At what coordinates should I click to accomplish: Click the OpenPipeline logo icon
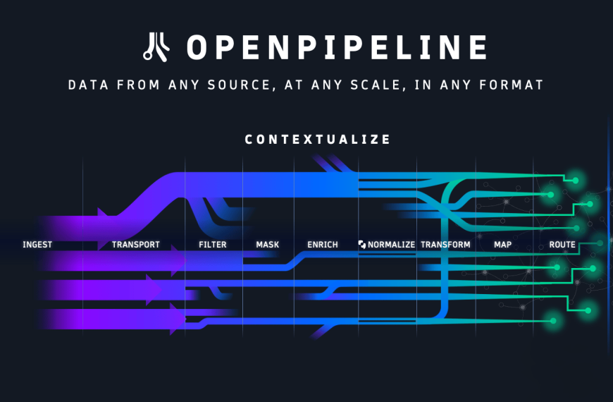[156, 47]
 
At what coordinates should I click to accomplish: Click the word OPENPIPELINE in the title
[337, 47]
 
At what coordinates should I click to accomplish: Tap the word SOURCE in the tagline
[240, 85]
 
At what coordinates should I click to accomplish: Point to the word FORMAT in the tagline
[510, 85]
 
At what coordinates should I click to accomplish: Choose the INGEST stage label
[37, 245]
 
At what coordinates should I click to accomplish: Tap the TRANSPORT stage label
[136, 245]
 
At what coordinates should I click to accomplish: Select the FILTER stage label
[213, 245]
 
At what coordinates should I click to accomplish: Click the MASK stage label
[268, 245]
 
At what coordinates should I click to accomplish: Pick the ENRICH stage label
[323, 245]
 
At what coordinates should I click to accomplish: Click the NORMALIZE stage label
[392, 245]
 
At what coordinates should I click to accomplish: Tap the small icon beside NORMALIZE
[362, 245]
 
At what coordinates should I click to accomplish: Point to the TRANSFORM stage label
[445, 245]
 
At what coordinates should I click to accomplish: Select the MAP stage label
[502, 245]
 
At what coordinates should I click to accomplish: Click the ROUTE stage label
[562, 245]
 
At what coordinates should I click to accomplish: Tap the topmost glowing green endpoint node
[575, 181]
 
